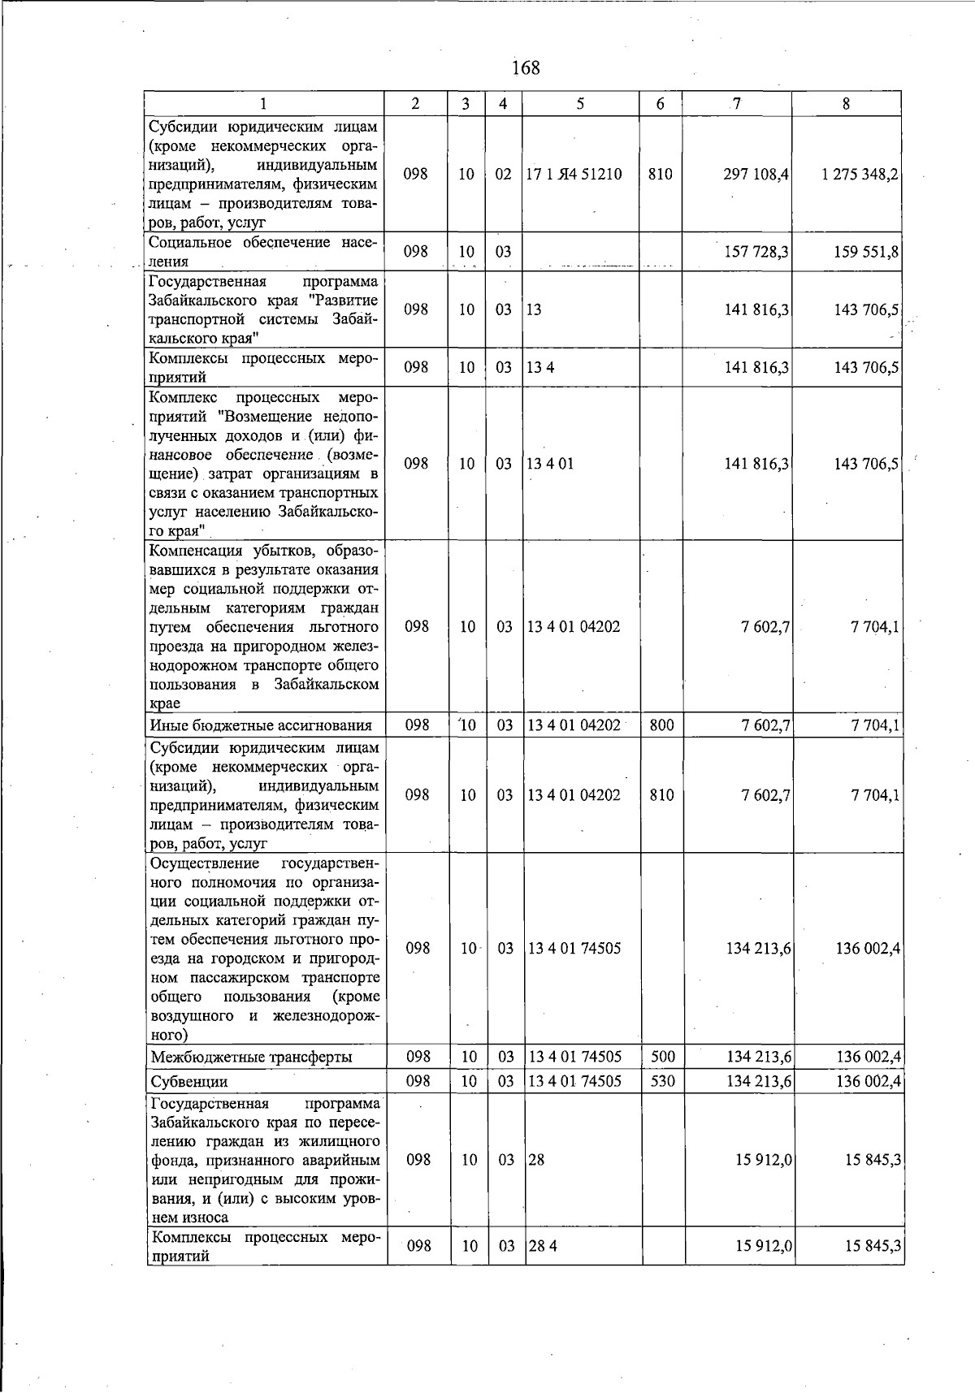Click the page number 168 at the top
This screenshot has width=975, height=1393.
click(526, 67)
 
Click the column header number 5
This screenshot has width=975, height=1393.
click(580, 104)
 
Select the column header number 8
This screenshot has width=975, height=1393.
click(847, 104)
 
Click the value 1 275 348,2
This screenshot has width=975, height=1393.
click(860, 175)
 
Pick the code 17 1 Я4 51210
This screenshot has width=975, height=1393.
click(574, 175)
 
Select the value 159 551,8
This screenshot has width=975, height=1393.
click(865, 253)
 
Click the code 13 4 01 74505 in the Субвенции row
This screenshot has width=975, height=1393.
click(575, 1081)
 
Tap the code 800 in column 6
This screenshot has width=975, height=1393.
click(662, 725)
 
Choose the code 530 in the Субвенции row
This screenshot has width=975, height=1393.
click(663, 1081)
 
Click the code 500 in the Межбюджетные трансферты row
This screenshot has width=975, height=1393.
click(663, 1057)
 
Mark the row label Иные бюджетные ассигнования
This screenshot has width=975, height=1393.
click(261, 725)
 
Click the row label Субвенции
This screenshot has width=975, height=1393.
click(189, 1082)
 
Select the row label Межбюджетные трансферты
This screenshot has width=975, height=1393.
click(251, 1058)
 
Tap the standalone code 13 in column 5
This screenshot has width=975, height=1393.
click(534, 310)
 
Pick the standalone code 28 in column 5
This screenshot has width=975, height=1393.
click(536, 1160)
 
